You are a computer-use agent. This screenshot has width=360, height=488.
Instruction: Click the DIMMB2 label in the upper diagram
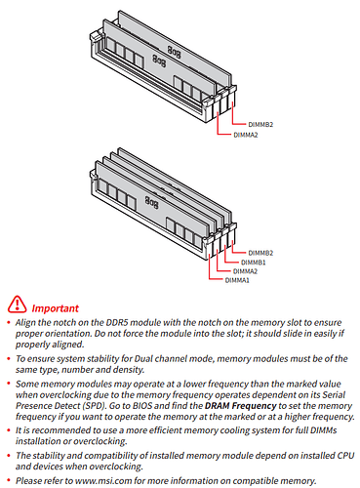[260, 125]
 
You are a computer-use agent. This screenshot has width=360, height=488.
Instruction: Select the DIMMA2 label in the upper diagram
[246, 135]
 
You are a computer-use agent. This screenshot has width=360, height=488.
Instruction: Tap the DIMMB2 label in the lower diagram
[260, 253]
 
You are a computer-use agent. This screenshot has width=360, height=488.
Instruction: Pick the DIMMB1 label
[253, 263]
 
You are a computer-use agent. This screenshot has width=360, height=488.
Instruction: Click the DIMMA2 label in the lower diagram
[245, 271]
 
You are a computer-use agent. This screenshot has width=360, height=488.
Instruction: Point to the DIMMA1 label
[237, 280]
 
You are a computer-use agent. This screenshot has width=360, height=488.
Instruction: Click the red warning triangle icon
[17, 305]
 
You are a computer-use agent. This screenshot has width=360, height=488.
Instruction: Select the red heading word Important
[55, 308]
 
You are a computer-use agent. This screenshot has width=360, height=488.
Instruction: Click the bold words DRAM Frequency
[240, 406]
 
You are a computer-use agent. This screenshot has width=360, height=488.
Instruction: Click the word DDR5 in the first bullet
[117, 322]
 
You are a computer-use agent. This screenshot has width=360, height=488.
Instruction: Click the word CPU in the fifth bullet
[345, 456]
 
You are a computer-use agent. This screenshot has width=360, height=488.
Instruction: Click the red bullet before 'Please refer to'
[9, 480]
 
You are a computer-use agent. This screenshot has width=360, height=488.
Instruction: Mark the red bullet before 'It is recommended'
[9, 429]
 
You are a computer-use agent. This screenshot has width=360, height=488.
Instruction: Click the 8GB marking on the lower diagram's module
[151, 203]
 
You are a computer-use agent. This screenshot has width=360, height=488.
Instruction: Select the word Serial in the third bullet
[334, 394]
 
